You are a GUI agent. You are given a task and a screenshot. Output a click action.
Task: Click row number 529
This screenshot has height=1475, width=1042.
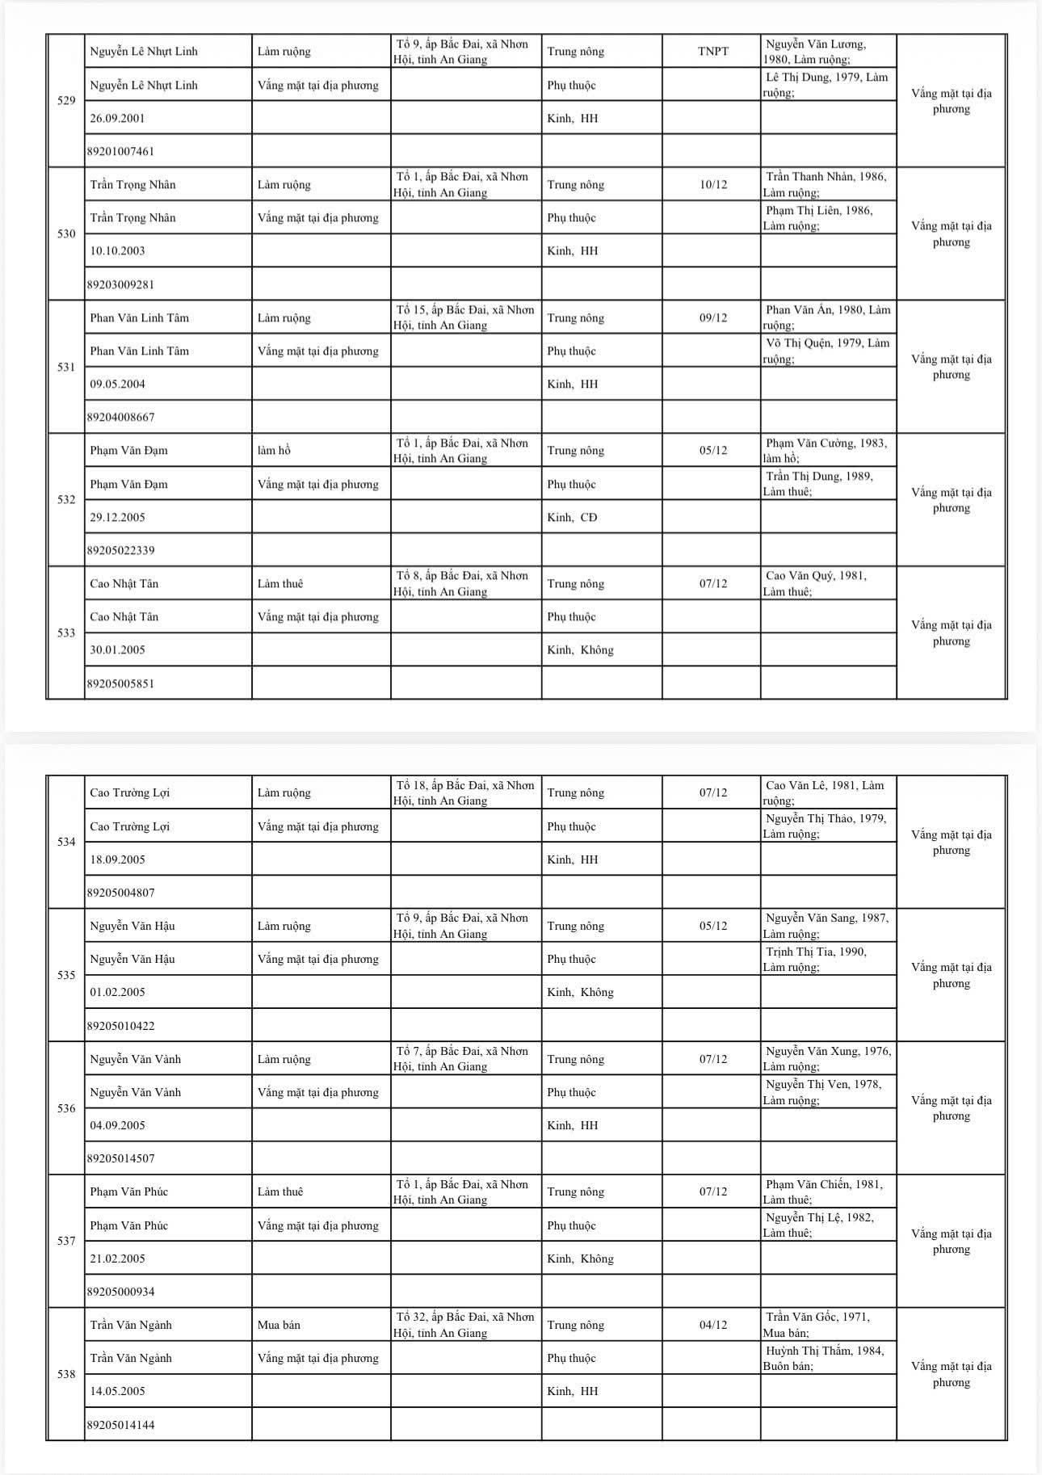66,101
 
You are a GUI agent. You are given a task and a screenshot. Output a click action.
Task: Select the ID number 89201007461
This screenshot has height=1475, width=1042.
121,151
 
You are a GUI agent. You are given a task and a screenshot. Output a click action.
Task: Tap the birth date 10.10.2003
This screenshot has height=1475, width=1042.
118,250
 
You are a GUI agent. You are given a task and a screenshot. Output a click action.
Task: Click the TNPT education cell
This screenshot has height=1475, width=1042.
712,52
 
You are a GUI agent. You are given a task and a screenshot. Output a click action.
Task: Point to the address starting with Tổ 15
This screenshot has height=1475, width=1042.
464,317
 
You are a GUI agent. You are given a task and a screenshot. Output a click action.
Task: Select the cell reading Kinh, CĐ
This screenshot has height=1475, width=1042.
572,517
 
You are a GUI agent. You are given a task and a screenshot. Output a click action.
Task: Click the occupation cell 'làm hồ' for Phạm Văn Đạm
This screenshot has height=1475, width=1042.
274,451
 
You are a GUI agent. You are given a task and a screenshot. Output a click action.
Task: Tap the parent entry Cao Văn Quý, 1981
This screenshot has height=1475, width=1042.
815,583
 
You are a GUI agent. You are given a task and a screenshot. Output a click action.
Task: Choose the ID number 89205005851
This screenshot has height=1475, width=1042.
121,683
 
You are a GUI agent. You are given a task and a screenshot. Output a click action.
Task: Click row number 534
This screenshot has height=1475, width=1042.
66,842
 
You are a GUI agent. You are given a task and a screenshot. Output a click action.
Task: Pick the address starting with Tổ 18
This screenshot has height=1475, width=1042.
464,792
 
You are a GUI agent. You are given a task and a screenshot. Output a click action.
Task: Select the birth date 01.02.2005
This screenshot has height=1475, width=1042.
118,992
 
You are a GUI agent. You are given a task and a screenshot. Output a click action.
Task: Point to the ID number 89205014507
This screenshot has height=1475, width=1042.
121,1158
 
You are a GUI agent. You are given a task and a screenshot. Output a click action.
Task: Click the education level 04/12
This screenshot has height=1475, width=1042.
712,1325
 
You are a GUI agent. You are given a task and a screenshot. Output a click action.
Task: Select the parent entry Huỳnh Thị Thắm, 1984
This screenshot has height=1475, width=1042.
823,1358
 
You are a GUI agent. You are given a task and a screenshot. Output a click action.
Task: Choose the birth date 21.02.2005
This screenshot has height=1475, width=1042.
118,1259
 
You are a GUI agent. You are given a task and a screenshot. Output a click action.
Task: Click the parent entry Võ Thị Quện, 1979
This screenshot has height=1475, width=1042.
826,351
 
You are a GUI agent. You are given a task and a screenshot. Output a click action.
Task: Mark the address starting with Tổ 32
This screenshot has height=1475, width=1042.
464,1325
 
